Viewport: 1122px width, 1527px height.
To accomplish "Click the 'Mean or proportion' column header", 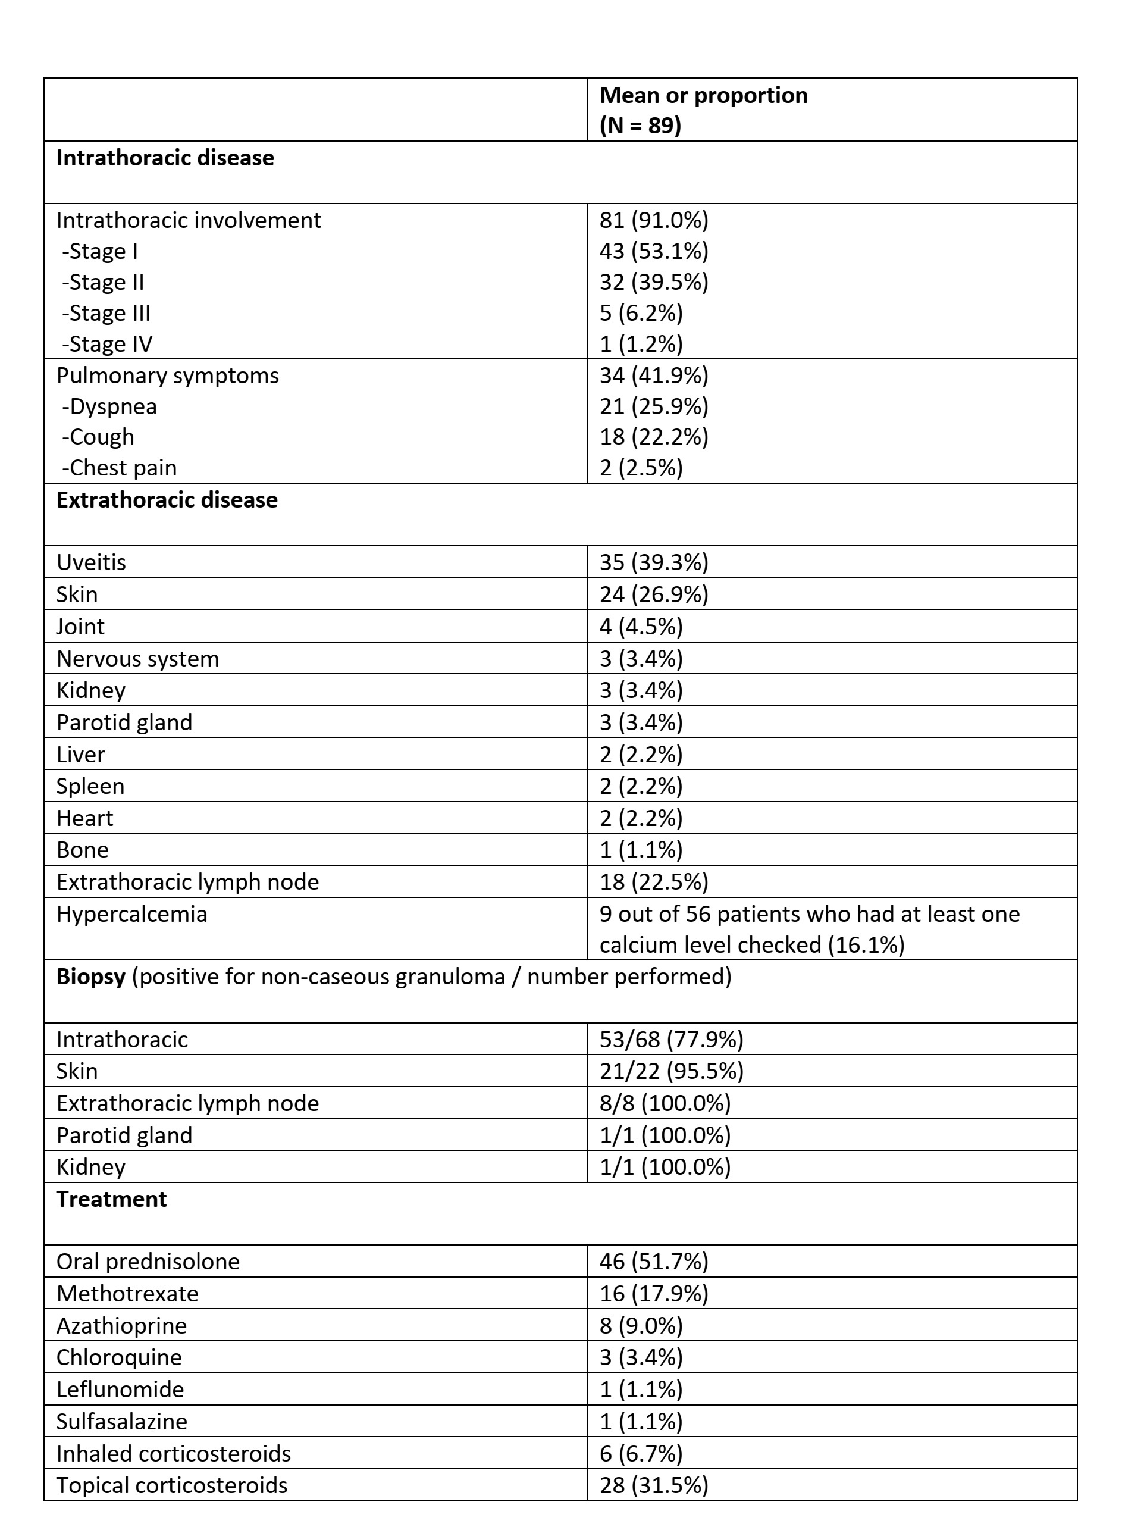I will pyautogui.click(x=703, y=96).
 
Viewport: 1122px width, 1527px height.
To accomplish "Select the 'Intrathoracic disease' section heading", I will pyautogui.click(x=165, y=158).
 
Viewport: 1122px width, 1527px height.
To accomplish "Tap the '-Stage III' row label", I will pyautogui.click(x=106, y=313).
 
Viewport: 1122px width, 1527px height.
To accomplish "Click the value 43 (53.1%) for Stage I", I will pyautogui.click(x=653, y=251).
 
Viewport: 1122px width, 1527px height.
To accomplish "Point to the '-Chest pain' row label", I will pyautogui.click(x=119, y=468).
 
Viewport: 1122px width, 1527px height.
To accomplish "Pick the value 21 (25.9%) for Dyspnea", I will pyautogui.click(x=653, y=406).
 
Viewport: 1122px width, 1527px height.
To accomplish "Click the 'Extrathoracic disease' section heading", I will pyautogui.click(x=167, y=500).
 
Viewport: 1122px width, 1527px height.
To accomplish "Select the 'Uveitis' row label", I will pyautogui.click(x=91, y=562).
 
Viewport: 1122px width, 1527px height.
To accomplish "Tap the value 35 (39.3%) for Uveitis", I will pyautogui.click(x=653, y=562).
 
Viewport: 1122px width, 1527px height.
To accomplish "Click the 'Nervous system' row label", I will pyautogui.click(x=138, y=659).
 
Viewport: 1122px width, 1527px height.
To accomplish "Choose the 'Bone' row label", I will pyautogui.click(x=82, y=850).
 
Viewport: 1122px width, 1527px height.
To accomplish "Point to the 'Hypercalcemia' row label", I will pyautogui.click(x=131, y=914).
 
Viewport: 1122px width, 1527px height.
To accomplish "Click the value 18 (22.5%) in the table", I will pyautogui.click(x=653, y=882).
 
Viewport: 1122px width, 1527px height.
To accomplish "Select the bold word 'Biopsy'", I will pyautogui.click(x=91, y=977).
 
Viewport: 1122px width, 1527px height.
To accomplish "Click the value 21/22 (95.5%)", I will pyautogui.click(x=671, y=1071).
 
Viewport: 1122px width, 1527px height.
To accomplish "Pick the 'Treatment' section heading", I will pyautogui.click(x=111, y=1200).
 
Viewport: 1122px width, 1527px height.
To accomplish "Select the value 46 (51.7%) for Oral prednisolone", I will pyautogui.click(x=653, y=1262).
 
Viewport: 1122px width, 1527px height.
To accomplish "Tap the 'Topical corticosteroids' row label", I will pyautogui.click(x=172, y=1485).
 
